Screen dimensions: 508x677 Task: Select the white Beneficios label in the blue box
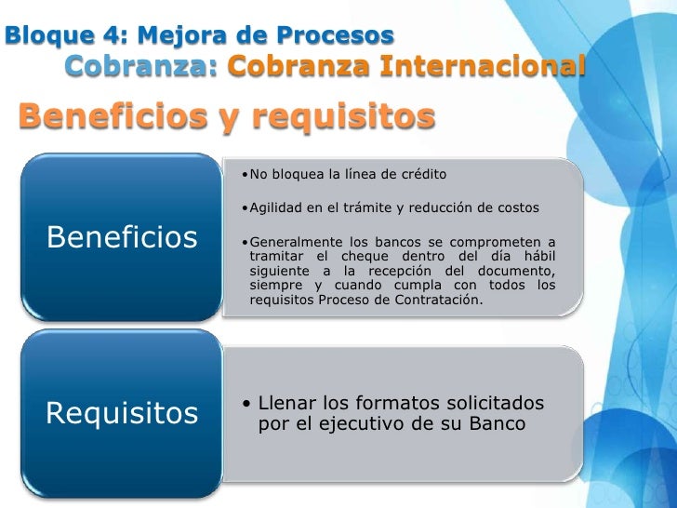pyautogui.click(x=122, y=237)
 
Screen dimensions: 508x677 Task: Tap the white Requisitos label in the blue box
pyautogui.click(x=122, y=412)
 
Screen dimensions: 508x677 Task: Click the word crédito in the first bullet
pyautogui.click(x=423, y=174)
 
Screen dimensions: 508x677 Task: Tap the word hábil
pyautogui.click(x=536, y=257)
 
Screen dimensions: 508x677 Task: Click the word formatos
pyautogui.click(x=397, y=405)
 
